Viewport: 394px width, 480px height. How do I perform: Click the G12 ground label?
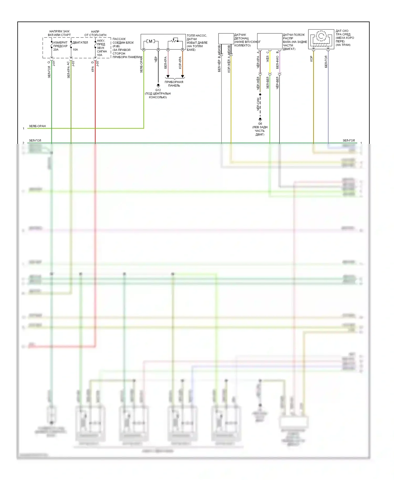point(158,90)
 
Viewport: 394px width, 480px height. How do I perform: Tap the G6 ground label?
point(260,123)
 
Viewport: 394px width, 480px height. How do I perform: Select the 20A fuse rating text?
point(56,50)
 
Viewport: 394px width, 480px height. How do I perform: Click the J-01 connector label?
point(54,63)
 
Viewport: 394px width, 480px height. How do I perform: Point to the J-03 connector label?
point(73,63)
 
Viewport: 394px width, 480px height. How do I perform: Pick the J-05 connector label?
point(97,63)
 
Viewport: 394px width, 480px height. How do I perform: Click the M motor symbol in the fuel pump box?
point(151,41)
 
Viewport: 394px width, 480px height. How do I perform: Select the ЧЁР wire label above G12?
point(156,59)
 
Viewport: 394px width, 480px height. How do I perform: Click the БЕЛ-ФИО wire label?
point(277,62)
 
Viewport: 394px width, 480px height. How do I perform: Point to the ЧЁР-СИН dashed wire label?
point(258,104)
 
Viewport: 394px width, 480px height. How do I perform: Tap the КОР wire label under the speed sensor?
point(312,59)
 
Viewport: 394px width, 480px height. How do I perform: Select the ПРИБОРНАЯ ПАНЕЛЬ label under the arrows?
point(174,84)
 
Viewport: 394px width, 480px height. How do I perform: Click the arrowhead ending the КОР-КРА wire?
point(183,76)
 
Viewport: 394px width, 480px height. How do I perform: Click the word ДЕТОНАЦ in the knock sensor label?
point(241,38)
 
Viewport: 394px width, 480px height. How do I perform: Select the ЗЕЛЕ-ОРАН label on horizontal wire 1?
point(37,126)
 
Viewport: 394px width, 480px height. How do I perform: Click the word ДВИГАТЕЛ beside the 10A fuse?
point(80,43)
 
